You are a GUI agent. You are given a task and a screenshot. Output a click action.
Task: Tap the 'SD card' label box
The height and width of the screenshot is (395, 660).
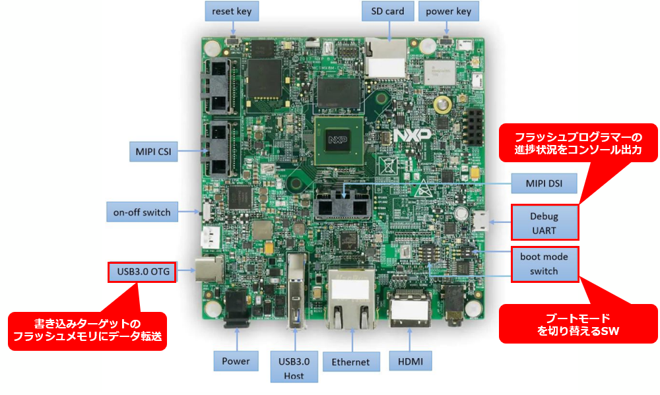pos(387,11)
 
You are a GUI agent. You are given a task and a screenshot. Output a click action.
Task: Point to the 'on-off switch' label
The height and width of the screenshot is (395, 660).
pos(142,212)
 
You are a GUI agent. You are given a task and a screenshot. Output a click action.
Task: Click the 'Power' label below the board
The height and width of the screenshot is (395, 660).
pos(236,361)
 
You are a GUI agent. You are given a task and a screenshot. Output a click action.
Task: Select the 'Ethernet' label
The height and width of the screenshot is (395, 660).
pos(351,361)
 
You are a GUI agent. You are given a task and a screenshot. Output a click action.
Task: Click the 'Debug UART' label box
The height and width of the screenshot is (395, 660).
pos(544,222)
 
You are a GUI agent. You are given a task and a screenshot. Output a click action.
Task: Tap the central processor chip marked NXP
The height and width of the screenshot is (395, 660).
pos(338,140)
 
